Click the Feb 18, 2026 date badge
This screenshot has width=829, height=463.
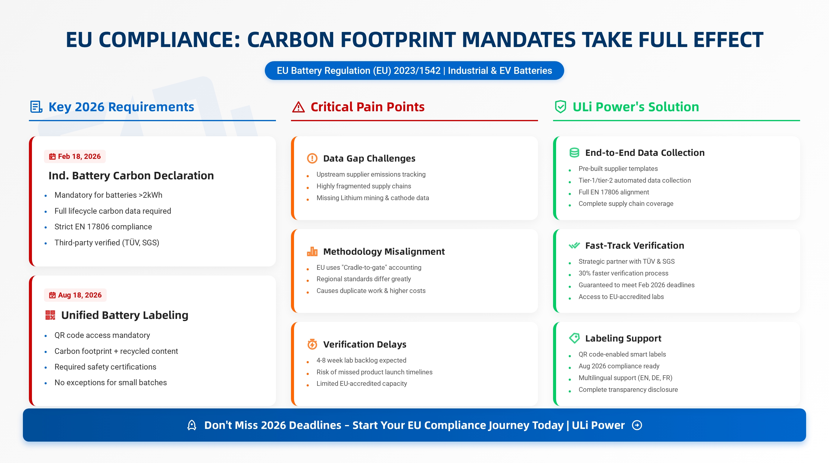point(75,156)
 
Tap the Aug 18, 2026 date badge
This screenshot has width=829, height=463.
point(75,295)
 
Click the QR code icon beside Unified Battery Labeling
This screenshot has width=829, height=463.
point(50,315)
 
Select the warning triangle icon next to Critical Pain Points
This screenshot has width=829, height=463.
point(298,107)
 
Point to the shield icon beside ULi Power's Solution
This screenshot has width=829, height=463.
point(560,107)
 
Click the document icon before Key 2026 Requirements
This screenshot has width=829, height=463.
point(36,107)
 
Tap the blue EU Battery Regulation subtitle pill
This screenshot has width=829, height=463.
point(414,71)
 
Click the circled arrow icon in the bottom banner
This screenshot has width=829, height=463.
point(637,425)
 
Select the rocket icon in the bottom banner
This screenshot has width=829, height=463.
point(192,425)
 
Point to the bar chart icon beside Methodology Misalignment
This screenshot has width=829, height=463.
point(312,251)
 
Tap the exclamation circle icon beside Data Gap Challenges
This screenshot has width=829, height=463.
point(312,159)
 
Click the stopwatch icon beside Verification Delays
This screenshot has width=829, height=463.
point(312,344)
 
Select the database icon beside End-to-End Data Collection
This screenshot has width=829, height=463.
point(574,153)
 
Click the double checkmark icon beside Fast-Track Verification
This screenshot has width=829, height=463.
point(574,246)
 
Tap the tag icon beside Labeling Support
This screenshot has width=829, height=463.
point(574,338)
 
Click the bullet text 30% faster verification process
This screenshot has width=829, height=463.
point(623,273)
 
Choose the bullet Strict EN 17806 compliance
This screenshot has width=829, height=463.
point(103,227)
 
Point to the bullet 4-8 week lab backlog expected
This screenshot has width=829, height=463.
point(361,360)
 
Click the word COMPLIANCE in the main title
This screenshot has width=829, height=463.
point(169,39)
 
